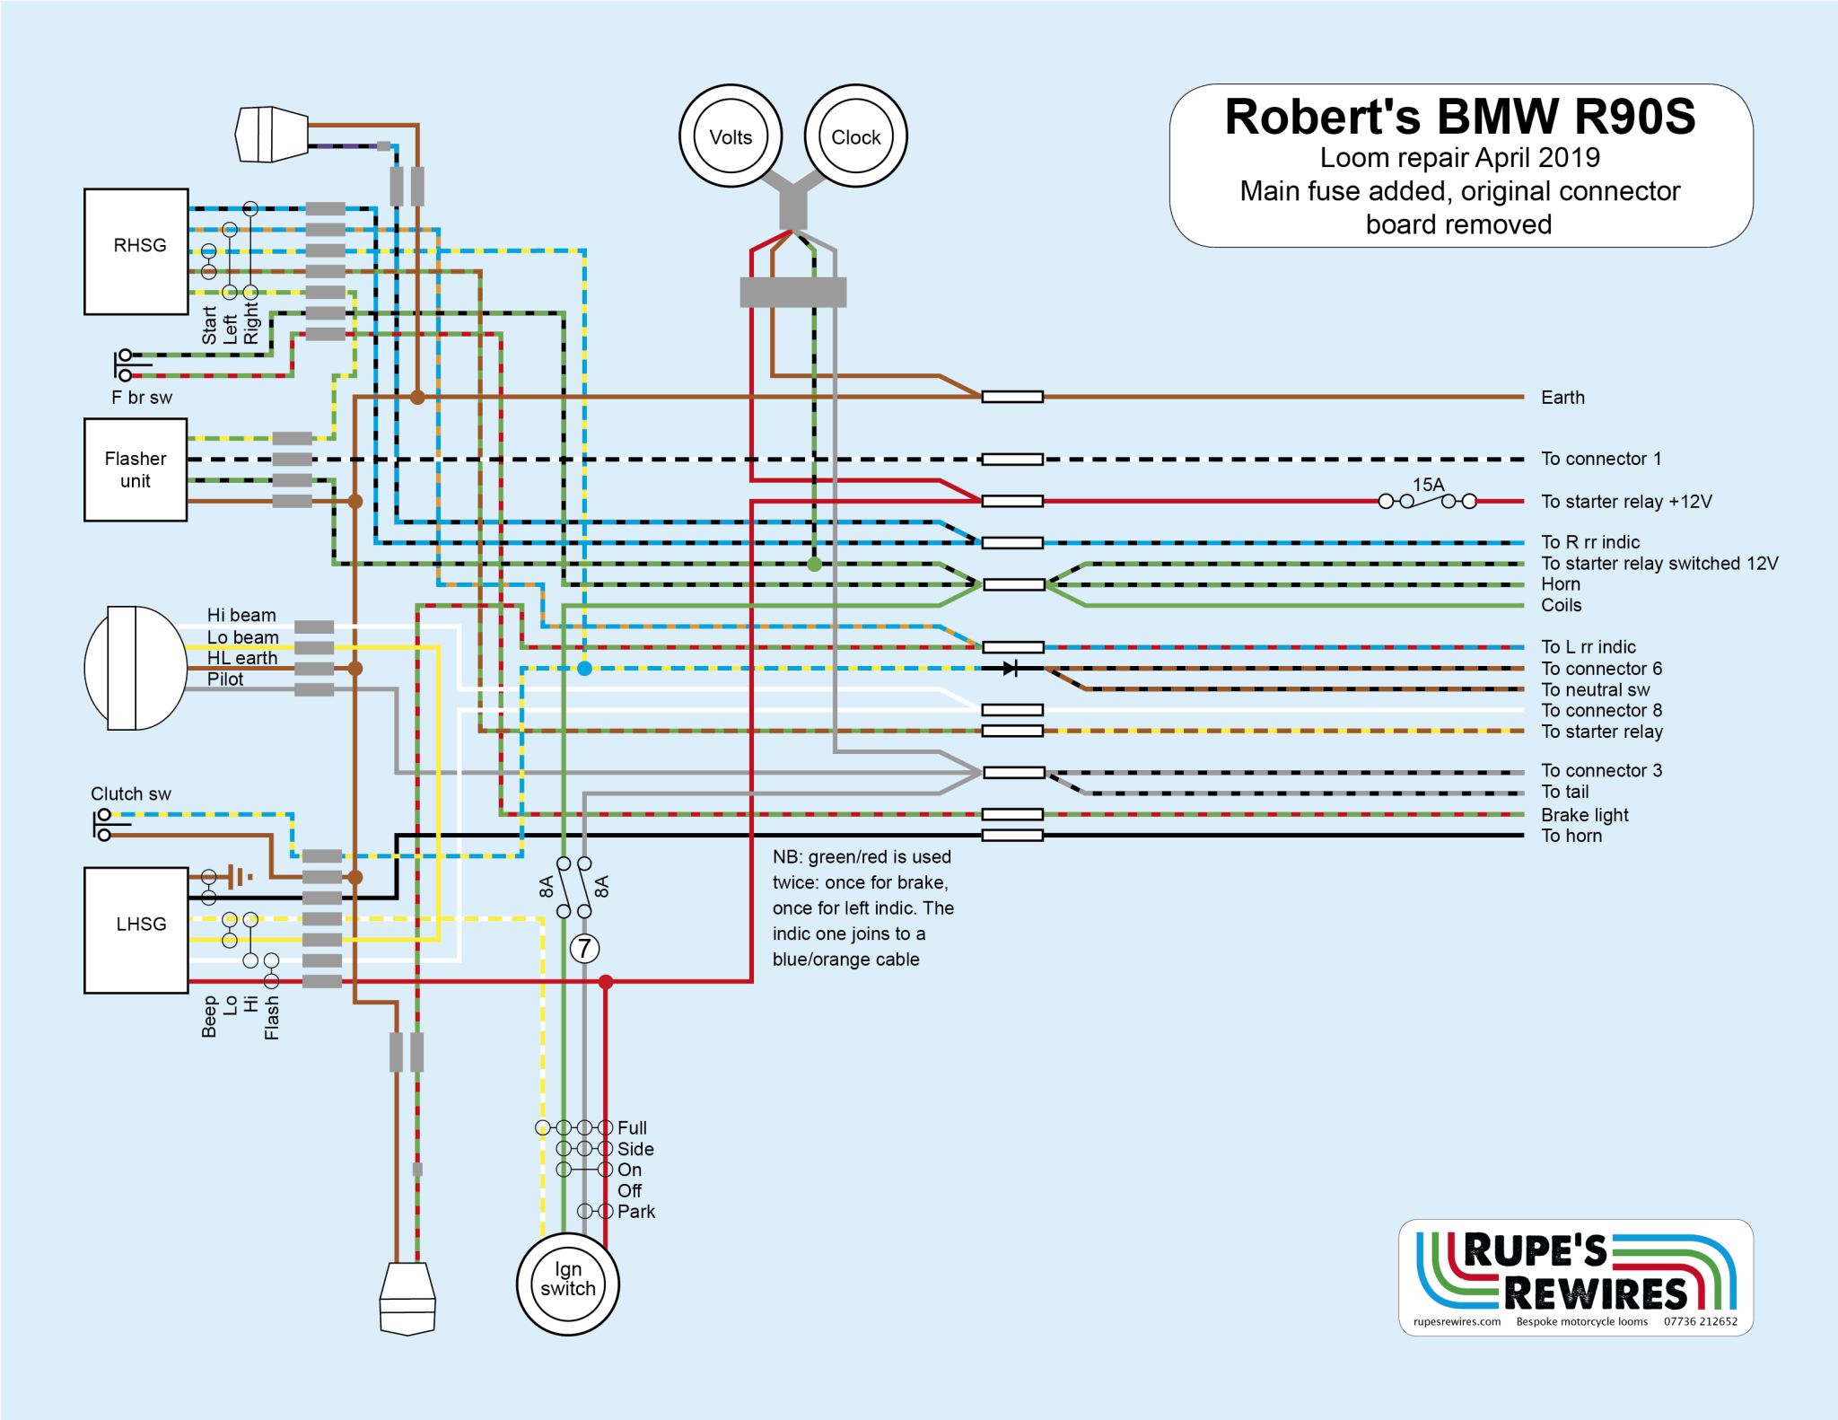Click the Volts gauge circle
[x=731, y=136]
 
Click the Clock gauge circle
[x=855, y=136]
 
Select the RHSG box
[x=136, y=251]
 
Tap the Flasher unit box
[x=136, y=469]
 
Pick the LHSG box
[x=136, y=930]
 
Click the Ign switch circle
[x=568, y=1284]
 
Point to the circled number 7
[x=584, y=948]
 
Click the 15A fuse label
[x=1428, y=485]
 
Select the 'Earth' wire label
[x=1562, y=397]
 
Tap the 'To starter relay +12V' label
[x=1626, y=501]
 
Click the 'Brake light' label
[x=1584, y=815]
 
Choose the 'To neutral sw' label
[x=1595, y=689]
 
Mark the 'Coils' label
[x=1561, y=605]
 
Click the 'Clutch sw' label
[x=131, y=793]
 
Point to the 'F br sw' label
[x=142, y=397]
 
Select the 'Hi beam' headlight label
[x=241, y=615]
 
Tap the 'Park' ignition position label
[x=636, y=1211]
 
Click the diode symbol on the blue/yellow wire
[x=1011, y=668]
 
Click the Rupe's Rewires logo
[x=1575, y=1276]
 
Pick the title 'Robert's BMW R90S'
[x=1460, y=117]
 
